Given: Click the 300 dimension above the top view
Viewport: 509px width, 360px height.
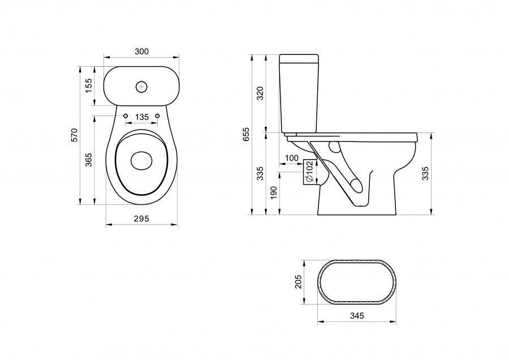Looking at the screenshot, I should tap(141, 52).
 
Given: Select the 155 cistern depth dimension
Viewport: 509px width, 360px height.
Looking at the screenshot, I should tap(89, 85).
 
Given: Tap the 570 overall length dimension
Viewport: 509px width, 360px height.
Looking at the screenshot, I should tap(74, 135).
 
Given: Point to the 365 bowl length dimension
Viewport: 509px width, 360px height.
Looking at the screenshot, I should tap(89, 160).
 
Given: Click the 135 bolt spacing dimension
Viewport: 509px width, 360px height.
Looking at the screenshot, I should tap(141, 117).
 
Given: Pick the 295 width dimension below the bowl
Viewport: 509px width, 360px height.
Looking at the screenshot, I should tap(141, 219).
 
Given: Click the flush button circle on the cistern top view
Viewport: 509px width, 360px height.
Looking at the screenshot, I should tap(141, 87).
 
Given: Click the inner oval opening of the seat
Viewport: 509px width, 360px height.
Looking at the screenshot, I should tap(141, 161).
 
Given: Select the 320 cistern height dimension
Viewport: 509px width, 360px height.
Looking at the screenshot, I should tap(261, 93).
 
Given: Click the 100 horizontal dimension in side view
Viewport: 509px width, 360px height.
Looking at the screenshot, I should tap(292, 158).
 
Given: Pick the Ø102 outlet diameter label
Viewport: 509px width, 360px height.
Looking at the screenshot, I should tap(309, 172).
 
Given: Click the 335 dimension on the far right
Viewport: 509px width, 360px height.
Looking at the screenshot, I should tap(425, 174).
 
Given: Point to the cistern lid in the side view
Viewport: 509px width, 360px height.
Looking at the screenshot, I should tap(300, 58).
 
